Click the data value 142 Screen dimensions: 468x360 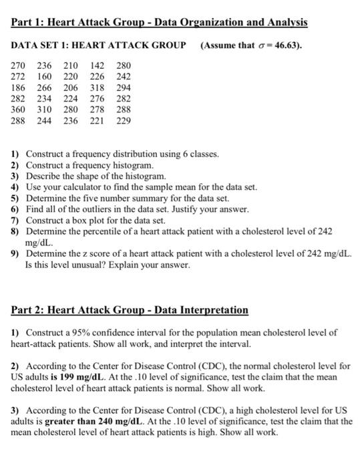98,66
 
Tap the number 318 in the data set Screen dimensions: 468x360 98,88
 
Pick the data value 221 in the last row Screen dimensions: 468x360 98,120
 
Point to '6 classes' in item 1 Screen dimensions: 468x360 199,154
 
